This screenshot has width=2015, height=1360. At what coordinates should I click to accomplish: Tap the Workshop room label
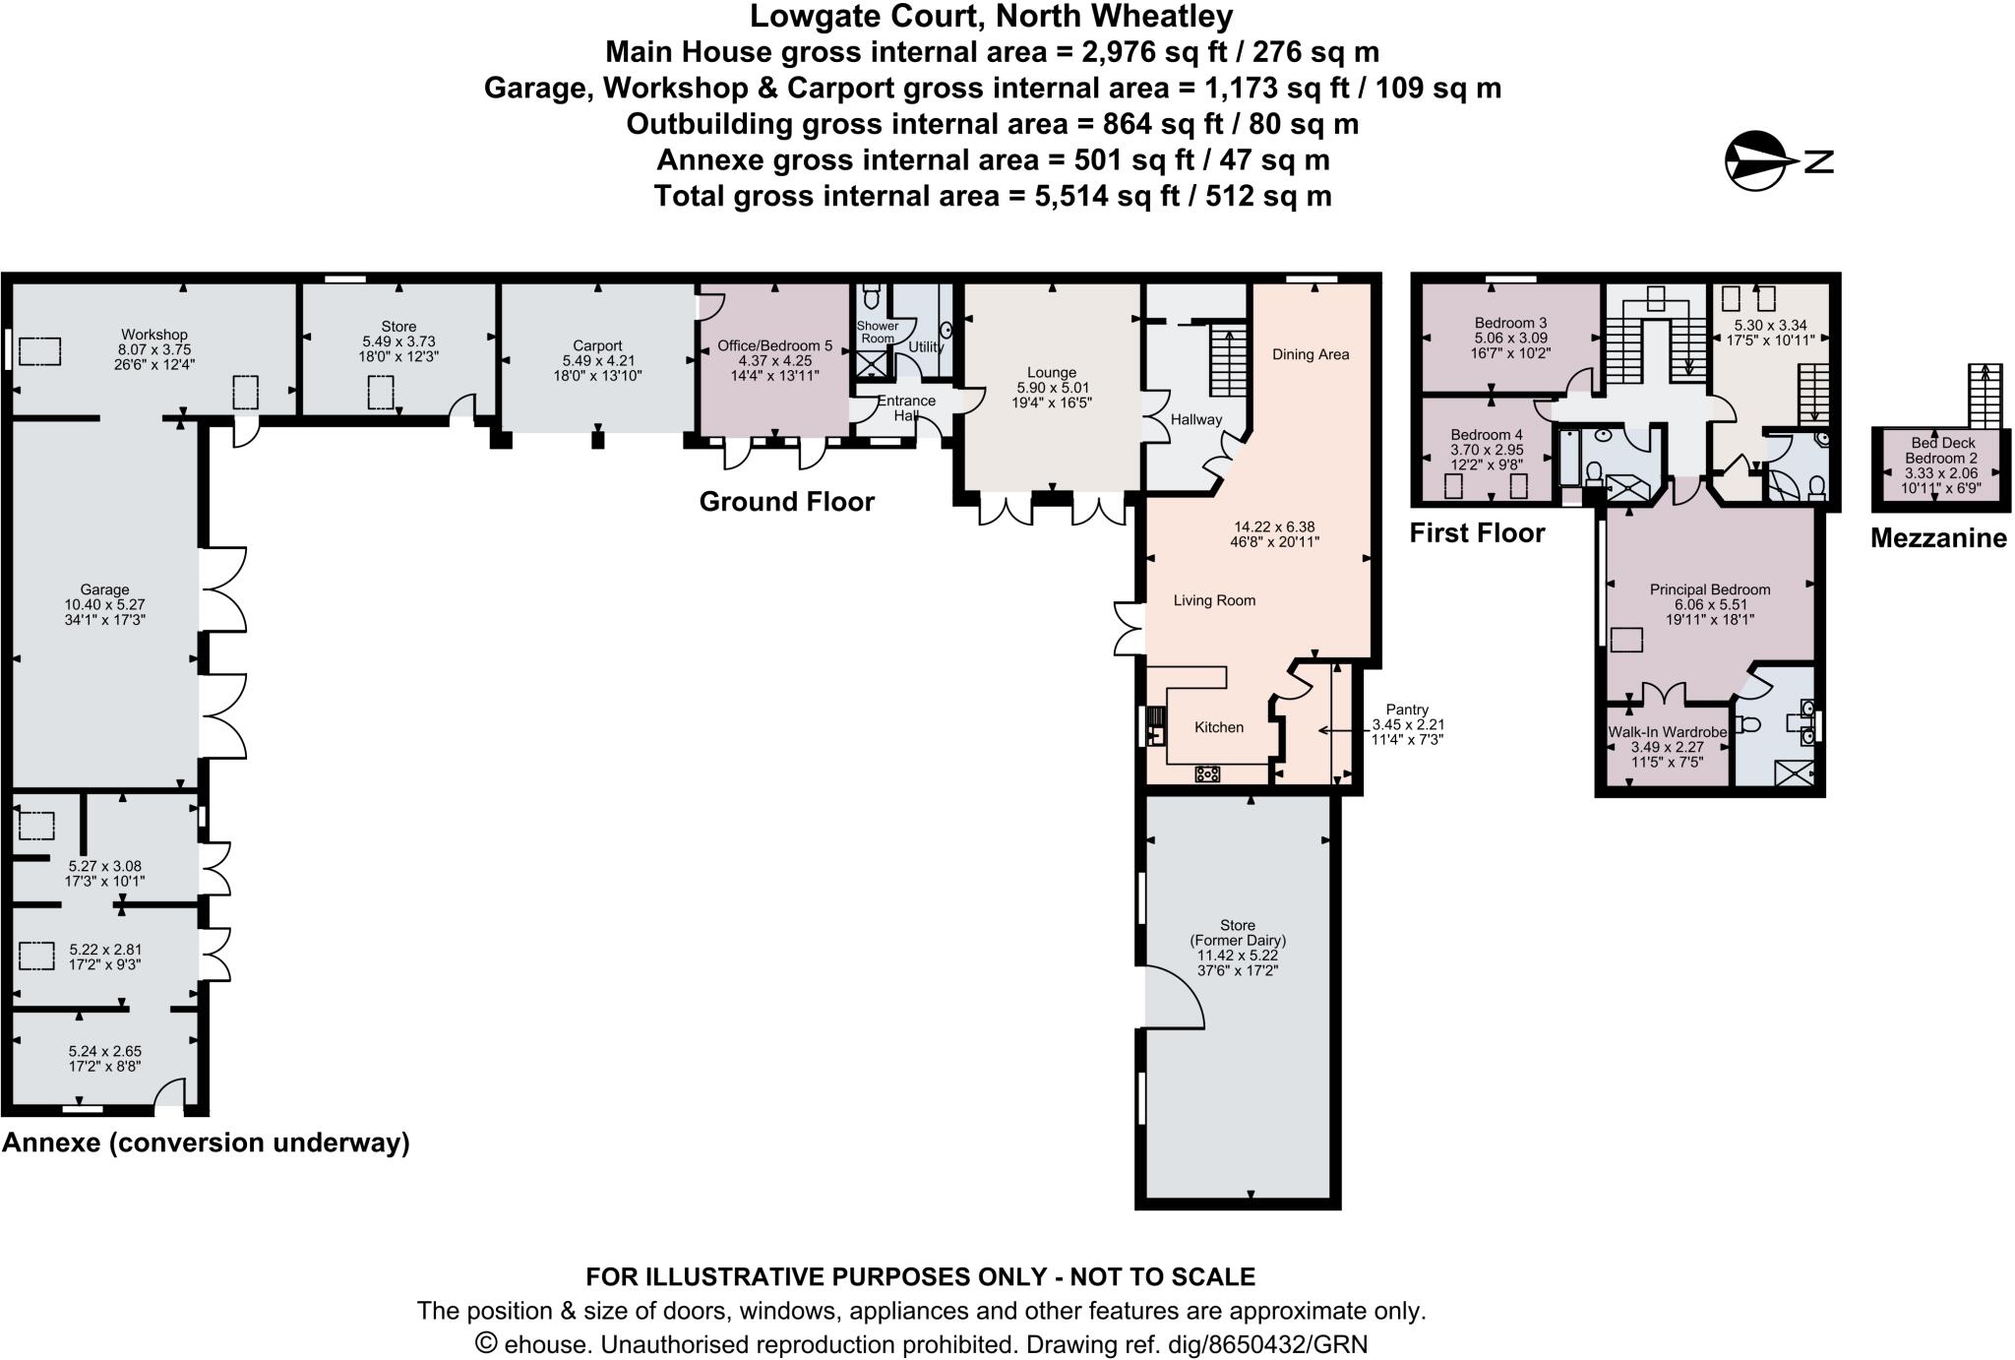click(153, 335)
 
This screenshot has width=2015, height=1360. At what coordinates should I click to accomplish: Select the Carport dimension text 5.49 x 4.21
click(597, 360)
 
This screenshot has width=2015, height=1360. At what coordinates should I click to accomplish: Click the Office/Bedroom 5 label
click(774, 345)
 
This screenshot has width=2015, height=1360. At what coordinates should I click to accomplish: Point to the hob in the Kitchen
click(1207, 773)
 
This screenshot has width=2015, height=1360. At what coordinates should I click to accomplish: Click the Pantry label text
click(1406, 709)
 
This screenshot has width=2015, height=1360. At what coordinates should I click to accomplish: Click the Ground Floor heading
click(786, 502)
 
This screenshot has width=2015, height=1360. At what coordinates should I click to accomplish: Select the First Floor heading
click(1477, 533)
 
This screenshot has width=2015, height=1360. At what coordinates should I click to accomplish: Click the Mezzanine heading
click(1937, 538)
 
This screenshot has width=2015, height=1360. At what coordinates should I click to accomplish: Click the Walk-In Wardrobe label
click(1667, 732)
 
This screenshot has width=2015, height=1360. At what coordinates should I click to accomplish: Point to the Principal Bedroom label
click(1709, 589)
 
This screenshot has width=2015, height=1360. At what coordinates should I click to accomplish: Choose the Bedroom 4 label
click(1486, 435)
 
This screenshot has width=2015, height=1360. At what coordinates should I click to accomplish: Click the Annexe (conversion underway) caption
click(206, 1143)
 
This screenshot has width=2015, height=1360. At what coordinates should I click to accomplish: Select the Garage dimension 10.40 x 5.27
click(104, 605)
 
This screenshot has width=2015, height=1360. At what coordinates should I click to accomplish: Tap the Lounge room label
click(1051, 373)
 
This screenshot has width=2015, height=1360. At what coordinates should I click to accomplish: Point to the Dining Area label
click(1310, 354)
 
